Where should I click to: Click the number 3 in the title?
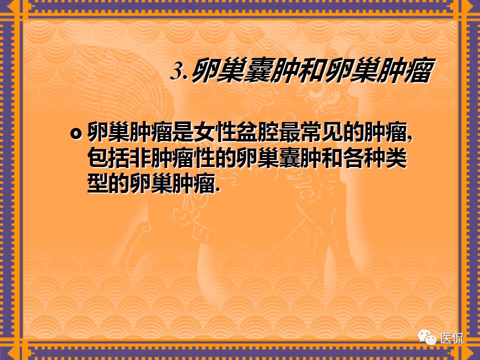click(177, 71)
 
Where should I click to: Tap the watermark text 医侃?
click(451, 338)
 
